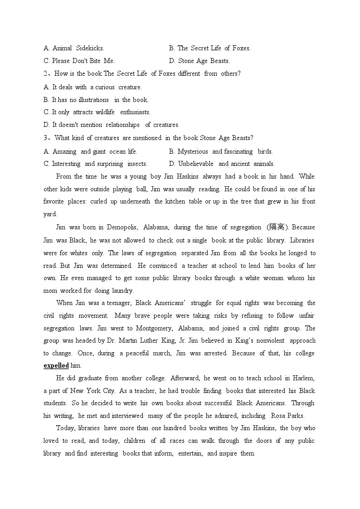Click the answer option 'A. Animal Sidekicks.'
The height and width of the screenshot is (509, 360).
coord(74,48)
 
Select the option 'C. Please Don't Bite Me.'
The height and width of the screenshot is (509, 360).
coord(79,61)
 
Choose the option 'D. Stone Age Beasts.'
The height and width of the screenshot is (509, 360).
coord(199,61)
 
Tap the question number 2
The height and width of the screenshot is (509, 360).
coord(45,73)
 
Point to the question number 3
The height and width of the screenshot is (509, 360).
coord(45,138)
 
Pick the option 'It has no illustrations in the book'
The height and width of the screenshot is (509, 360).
coord(96,100)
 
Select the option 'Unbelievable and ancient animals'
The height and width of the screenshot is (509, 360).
coord(222,164)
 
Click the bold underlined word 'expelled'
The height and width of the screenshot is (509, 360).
coord(56,366)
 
